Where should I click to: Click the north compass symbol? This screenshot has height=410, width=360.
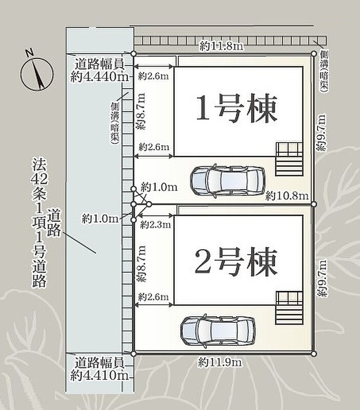click(37, 72)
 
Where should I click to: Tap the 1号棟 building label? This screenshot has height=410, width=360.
click(236, 109)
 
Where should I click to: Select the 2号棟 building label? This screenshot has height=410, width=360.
click(236, 262)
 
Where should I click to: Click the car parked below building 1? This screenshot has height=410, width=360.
click(228, 181)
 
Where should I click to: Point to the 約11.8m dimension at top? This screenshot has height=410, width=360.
click(222, 47)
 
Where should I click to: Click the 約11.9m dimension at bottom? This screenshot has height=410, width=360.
click(220, 362)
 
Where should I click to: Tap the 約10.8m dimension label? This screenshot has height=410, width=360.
click(287, 196)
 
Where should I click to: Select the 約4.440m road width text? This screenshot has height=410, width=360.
click(99, 76)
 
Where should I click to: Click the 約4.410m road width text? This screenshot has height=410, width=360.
click(99, 376)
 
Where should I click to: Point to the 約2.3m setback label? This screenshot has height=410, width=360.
click(155, 224)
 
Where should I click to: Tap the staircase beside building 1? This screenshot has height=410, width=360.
click(289, 159)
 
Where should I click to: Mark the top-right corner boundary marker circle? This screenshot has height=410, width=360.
click(314, 54)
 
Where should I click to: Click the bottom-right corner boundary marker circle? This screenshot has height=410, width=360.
click(314, 354)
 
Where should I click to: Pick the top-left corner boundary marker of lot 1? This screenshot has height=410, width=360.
click(133, 54)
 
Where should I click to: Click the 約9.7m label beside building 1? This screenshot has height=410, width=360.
click(322, 132)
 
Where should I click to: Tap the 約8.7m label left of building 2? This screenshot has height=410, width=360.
click(141, 264)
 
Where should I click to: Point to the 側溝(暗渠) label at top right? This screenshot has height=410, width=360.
click(324, 71)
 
